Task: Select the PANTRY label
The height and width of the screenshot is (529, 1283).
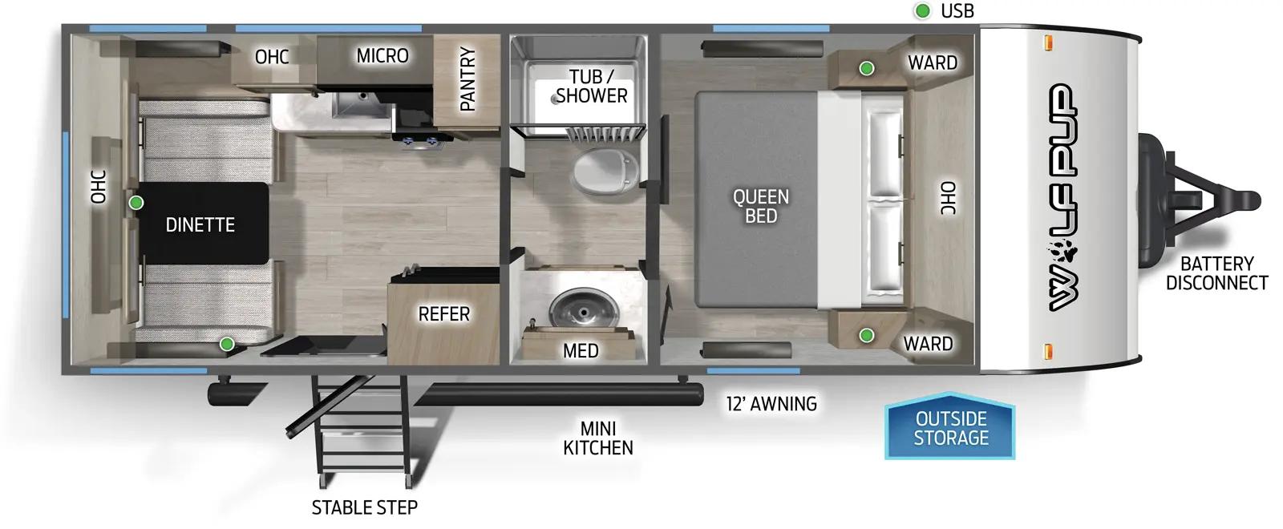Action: tap(467, 79)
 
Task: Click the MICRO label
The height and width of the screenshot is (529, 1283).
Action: tap(382, 55)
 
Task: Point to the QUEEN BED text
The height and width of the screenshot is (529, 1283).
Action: tap(761, 206)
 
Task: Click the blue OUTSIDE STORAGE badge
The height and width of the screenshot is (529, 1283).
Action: tap(950, 428)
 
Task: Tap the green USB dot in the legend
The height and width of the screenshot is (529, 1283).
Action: tap(923, 11)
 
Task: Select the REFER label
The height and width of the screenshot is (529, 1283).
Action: tap(443, 313)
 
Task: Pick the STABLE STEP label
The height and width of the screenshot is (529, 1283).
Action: tap(364, 507)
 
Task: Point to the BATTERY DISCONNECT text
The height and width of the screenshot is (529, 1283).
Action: tap(1216, 273)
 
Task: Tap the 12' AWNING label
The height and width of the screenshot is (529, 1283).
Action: tap(771, 404)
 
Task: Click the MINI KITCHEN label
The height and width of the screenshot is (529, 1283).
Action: tap(598, 438)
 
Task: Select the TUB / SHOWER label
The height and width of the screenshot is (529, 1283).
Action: tap(592, 86)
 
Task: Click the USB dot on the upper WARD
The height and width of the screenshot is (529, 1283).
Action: tap(867, 69)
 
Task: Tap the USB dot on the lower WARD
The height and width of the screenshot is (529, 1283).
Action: tap(867, 336)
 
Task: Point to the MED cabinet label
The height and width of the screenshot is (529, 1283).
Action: tap(581, 350)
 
